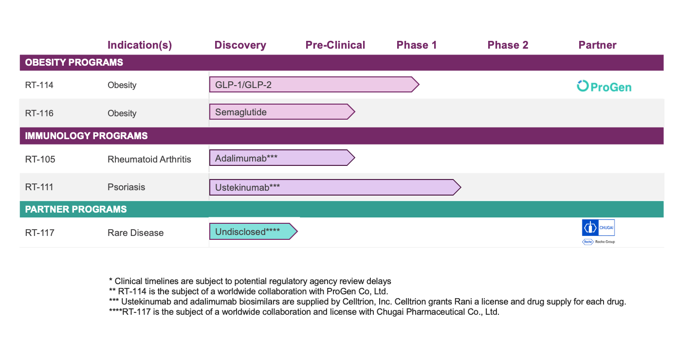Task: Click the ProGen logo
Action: pos(604,87)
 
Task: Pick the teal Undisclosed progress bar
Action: pos(253,232)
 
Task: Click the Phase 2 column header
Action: pos(508,45)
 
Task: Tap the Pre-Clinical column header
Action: pos(335,45)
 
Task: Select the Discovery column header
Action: pos(240,45)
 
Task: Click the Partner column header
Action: pos(597,45)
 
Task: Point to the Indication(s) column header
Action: pos(140,45)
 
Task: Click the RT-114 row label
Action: pos(39,85)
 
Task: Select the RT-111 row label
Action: pos(39,187)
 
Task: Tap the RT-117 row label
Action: pos(39,233)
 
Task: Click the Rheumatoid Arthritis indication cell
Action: pos(149,159)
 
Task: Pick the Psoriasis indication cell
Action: pos(127,187)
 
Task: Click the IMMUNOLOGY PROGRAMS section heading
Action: pos(86,136)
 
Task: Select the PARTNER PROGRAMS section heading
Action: pos(76,209)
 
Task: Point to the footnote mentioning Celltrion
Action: pos(367,302)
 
